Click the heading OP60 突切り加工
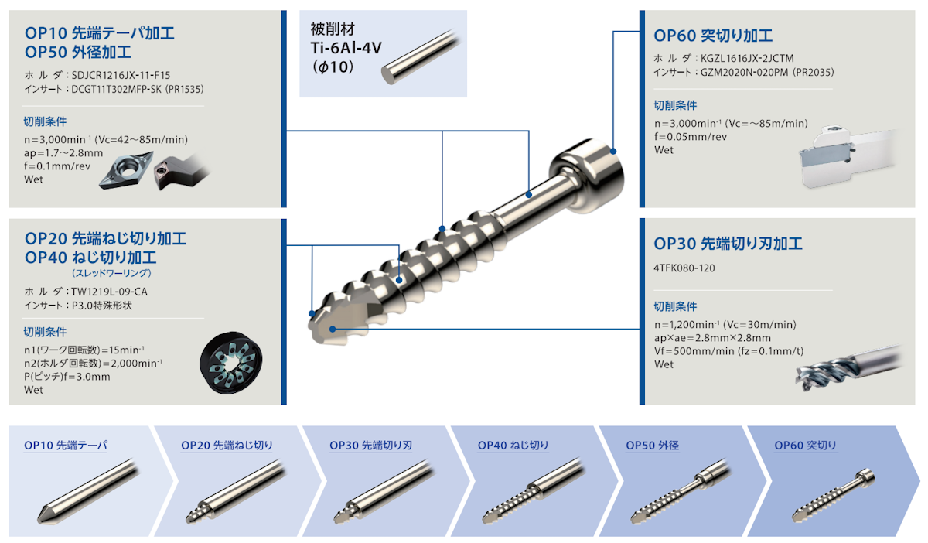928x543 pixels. (713, 36)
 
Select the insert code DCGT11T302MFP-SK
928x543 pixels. (117, 89)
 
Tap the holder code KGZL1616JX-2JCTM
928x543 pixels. (747, 58)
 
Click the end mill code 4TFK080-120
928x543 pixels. (684, 268)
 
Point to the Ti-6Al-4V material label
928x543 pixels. (346, 48)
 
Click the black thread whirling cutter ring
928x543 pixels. (231, 362)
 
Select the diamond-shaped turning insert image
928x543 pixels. (126, 170)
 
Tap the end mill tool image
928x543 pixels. (848, 367)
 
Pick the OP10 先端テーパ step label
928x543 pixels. (66, 446)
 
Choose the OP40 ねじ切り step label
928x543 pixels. (513, 446)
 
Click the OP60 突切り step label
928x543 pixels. (805, 446)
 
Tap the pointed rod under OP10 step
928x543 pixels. (87, 491)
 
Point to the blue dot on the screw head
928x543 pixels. (613, 152)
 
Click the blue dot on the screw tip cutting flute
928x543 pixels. (333, 329)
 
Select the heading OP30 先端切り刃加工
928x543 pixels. (728, 244)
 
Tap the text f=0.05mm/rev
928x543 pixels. (691, 137)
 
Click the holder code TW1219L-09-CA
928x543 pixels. (109, 292)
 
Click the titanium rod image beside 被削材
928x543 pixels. (421, 56)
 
